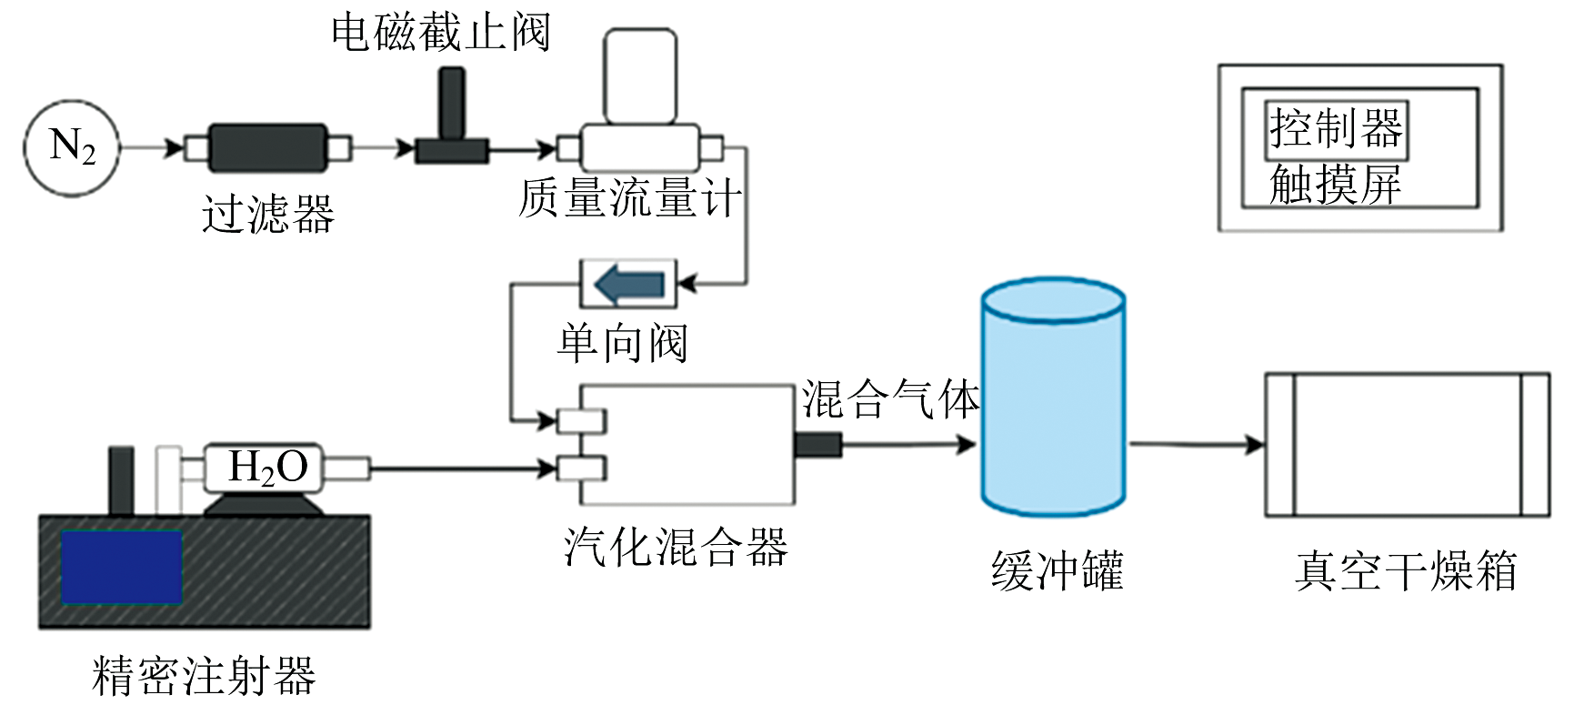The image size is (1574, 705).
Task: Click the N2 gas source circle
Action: [x=72, y=147]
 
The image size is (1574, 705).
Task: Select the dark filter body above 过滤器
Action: [x=267, y=148]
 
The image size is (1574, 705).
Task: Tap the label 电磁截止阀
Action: [x=440, y=33]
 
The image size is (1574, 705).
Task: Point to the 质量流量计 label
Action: [x=630, y=197]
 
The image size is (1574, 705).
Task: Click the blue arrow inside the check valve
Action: [x=629, y=285]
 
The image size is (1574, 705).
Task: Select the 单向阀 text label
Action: [x=623, y=343]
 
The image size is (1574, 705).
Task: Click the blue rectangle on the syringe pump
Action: [x=121, y=566]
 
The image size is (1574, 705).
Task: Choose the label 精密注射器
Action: [x=204, y=675]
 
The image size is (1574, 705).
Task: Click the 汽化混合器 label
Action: [x=676, y=547]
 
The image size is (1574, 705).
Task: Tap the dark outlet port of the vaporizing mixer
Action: [x=817, y=445]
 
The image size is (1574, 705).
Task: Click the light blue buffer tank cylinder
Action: [x=1053, y=397]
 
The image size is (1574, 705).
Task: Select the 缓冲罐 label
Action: [x=1058, y=570]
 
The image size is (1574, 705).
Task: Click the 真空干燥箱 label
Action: [x=1406, y=570]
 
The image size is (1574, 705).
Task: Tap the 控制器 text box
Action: [x=1337, y=129]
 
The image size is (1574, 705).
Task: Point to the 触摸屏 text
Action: [x=1335, y=184]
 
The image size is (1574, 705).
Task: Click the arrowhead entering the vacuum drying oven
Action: [x=1255, y=445]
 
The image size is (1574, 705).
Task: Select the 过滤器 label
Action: [x=268, y=215]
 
